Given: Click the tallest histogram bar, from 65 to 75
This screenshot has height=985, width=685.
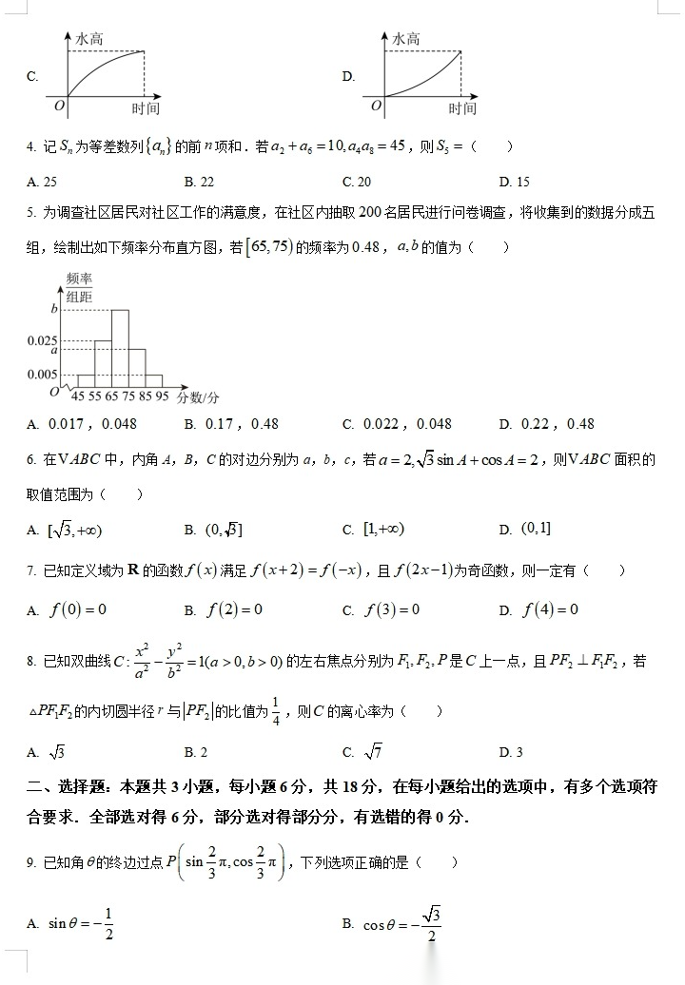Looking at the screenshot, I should [x=120, y=347].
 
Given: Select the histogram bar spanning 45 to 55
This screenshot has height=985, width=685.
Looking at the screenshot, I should [x=86, y=379].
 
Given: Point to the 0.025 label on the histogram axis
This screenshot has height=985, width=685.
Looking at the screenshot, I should [x=42, y=339].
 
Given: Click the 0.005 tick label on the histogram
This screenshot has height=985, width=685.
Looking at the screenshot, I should [x=42, y=374].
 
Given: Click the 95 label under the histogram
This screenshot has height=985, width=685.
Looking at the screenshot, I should [x=162, y=396].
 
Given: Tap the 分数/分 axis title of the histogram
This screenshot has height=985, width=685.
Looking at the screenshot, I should [x=199, y=396].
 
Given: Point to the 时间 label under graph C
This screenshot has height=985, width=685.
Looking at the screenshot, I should [x=146, y=108].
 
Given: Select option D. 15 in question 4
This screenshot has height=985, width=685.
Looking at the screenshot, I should [x=514, y=182].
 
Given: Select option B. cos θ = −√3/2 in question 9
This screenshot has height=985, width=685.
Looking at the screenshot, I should [x=392, y=923].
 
